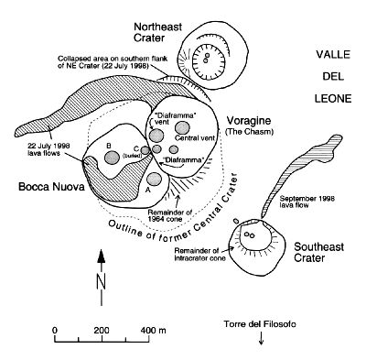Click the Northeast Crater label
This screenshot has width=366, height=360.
point(158,32)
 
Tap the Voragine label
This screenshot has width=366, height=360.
point(248,121)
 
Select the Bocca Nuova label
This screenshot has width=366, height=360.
point(51,187)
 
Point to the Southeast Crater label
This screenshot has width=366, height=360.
point(318,252)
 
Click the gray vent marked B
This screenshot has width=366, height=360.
point(112,158)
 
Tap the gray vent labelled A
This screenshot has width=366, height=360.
point(154,180)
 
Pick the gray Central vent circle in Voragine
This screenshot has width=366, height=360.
point(182,127)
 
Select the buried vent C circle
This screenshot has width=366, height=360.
point(145,150)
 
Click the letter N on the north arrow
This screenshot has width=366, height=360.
point(102,281)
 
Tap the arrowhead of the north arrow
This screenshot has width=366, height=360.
point(102,256)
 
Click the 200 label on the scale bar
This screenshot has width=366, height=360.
point(102,331)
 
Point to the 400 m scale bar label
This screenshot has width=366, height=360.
point(153,331)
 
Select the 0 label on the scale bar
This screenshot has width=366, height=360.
point(55,331)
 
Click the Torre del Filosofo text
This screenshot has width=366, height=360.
point(260,324)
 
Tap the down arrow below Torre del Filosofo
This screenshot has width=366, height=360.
point(261,339)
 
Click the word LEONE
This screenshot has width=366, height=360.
point(333,99)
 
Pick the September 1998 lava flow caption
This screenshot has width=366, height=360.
point(307,202)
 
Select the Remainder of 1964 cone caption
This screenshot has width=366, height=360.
point(169,215)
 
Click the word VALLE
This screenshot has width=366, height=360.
point(333,55)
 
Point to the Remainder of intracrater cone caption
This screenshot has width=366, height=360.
point(200,255)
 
